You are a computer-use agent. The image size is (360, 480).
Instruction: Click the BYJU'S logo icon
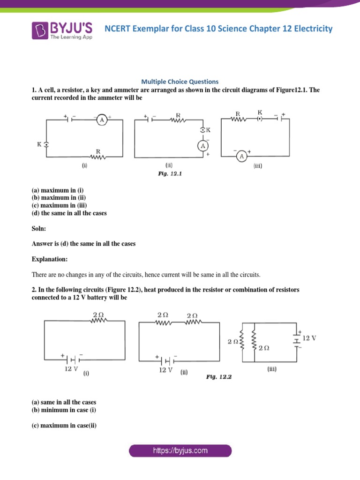pos(40,30)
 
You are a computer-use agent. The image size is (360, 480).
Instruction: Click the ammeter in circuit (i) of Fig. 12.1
pos(102,120)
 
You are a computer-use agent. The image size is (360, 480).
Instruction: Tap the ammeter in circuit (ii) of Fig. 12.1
pos(203,146)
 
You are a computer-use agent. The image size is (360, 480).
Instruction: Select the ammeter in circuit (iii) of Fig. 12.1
pos(241,156)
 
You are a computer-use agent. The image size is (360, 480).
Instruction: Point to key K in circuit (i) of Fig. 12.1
pos(46,144)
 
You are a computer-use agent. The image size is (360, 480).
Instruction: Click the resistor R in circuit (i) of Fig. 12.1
pos(98,157)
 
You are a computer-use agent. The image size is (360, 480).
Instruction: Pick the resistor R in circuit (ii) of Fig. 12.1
pos(178,120)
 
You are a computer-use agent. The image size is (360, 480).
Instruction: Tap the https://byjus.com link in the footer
pos(180,451)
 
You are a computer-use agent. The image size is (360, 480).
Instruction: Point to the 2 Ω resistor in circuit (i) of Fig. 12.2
pos(99,321)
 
